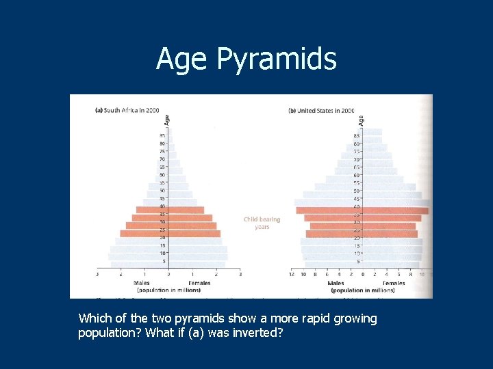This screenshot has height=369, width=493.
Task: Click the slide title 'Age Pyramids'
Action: click(246, 59)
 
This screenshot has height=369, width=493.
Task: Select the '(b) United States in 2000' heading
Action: click(321, 110)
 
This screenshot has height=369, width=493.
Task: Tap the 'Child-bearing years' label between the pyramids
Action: click(262, 223)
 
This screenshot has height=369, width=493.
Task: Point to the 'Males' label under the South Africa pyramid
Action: click(142, 282)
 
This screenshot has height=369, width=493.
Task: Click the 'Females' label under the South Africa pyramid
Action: click(199, 282)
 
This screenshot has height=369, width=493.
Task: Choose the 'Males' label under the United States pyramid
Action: click(336, 282)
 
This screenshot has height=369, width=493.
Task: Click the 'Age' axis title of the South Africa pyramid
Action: click(166, 120)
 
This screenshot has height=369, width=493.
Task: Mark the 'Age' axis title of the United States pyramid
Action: click(360, 120)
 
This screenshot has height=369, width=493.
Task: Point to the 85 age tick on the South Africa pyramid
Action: click(162, 136)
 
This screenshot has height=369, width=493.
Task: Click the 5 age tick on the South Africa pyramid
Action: click(164, 261)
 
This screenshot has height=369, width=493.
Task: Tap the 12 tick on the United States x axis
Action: click(292, 275)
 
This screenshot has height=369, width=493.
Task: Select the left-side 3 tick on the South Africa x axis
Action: click(97, 275)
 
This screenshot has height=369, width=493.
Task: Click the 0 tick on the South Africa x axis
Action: click(168, 275)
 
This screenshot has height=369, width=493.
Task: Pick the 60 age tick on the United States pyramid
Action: click(357, 175)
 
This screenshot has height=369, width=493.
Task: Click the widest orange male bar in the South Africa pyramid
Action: click(144, 233)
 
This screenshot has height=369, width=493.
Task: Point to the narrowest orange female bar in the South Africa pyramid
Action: click(186, 210)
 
